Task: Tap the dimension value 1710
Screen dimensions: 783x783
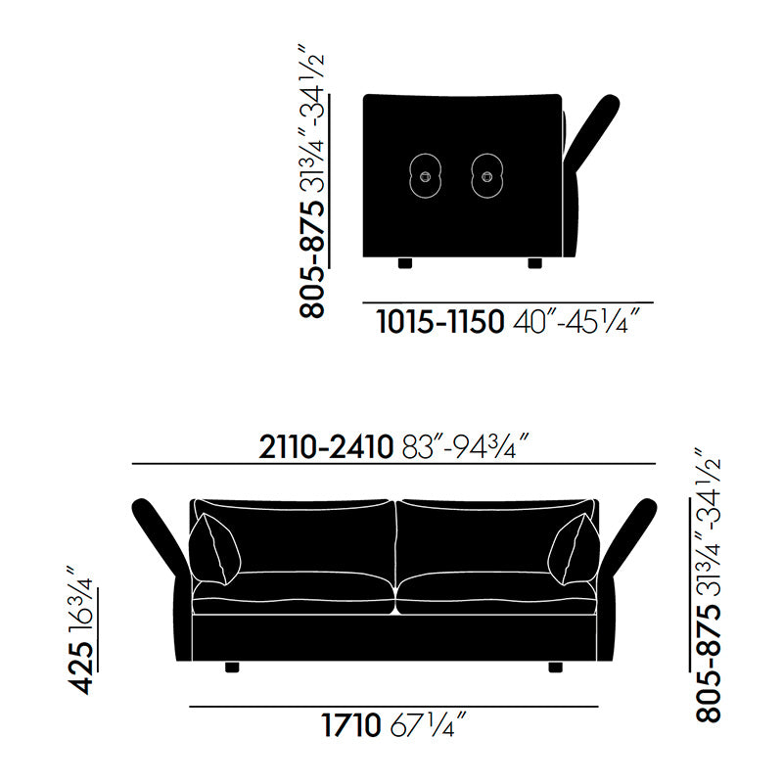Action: pos(350,726)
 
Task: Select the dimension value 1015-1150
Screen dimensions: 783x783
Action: pos(440,321)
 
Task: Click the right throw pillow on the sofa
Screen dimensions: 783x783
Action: pos(575,550)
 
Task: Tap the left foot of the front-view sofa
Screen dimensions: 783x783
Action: pos(232,668)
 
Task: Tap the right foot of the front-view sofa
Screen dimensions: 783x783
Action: pos(556,668)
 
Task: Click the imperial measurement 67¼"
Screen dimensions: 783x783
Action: pos(428,726)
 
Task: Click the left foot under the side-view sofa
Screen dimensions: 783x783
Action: pos(407,262)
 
